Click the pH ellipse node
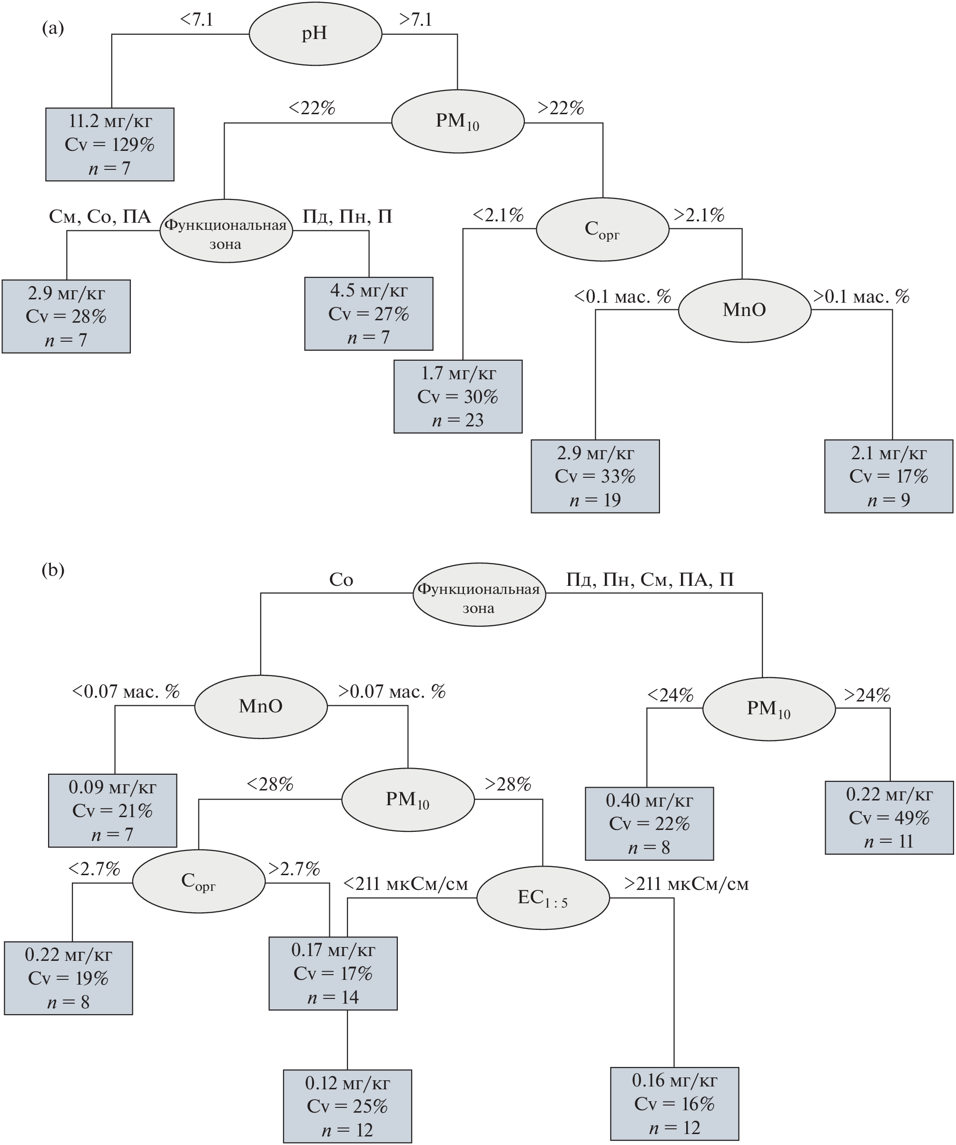click(315, 34)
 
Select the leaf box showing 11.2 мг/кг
click(109, 145)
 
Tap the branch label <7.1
click(197, 20)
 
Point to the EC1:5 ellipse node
click(542, 898)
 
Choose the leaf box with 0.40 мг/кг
click(649, 823)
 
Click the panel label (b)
click(53, 570)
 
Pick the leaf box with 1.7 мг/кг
click(458, 396)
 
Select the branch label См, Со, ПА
click(100, 217)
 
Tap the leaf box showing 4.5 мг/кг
click(369, 314)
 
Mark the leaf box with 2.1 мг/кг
click(888, 476)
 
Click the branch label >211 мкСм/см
click(686, 884)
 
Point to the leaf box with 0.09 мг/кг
click(112, 810)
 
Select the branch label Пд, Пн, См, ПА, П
click(650, 579)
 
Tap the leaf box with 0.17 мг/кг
click(333, 973)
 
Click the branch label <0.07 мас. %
click(126, 691)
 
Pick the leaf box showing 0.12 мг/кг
click(347, 1106)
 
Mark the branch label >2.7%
click(294, 869)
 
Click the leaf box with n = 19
click(595, 476)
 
